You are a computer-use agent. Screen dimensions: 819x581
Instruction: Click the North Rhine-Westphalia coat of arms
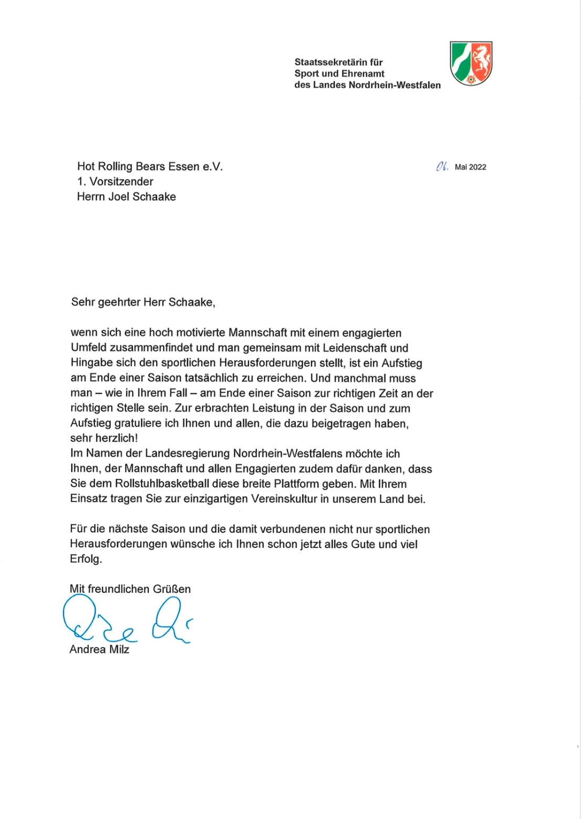tap(471, 63)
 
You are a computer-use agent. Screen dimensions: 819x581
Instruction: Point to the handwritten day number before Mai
tap(442, 166)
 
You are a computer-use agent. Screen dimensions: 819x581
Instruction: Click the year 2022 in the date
tap(478, 167)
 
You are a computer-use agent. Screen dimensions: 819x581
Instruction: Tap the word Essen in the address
tap(183, 166)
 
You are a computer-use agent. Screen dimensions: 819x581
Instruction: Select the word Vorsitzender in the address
tap(121, 182)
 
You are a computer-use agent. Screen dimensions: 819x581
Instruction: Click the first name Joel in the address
tap(120, 197)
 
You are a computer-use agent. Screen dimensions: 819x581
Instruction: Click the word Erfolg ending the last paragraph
tap(86, 559)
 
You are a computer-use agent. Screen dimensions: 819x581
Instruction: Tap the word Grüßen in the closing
tap(171, 589)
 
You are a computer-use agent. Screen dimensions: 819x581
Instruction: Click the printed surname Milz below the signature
tap(119, 649)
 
